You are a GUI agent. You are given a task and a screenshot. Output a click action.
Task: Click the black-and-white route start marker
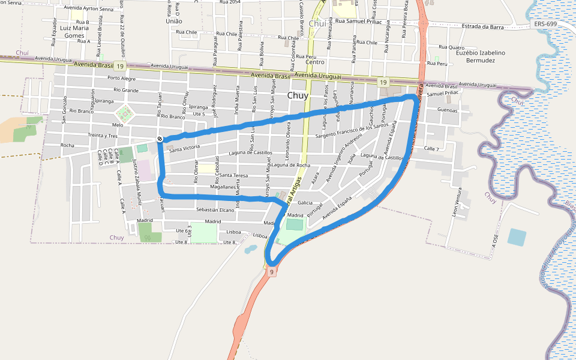(160, 139)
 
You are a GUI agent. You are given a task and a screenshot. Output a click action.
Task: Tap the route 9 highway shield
(271, 272)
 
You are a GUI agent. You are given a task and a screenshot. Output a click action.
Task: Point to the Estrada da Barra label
(482, 26)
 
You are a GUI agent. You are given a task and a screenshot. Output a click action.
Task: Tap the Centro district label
(315, 62)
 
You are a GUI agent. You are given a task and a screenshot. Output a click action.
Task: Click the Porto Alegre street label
(121, 78)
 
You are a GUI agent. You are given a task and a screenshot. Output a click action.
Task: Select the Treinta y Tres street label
(103, 136)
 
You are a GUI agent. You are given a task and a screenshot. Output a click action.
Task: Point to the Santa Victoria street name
(184, 147)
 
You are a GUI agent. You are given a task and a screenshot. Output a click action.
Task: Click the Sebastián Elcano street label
(215, 210)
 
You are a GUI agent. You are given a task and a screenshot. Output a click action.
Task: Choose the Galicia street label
(305, 203)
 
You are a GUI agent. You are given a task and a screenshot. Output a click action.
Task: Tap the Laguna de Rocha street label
(290, 165)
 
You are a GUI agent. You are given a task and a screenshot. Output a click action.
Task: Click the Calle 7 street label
(431, 148)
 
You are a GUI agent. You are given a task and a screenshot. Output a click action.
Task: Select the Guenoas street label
(448, 110)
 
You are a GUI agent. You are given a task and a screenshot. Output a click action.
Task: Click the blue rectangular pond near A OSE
(517, 237)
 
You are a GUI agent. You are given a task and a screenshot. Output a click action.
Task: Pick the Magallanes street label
(222, 187)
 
